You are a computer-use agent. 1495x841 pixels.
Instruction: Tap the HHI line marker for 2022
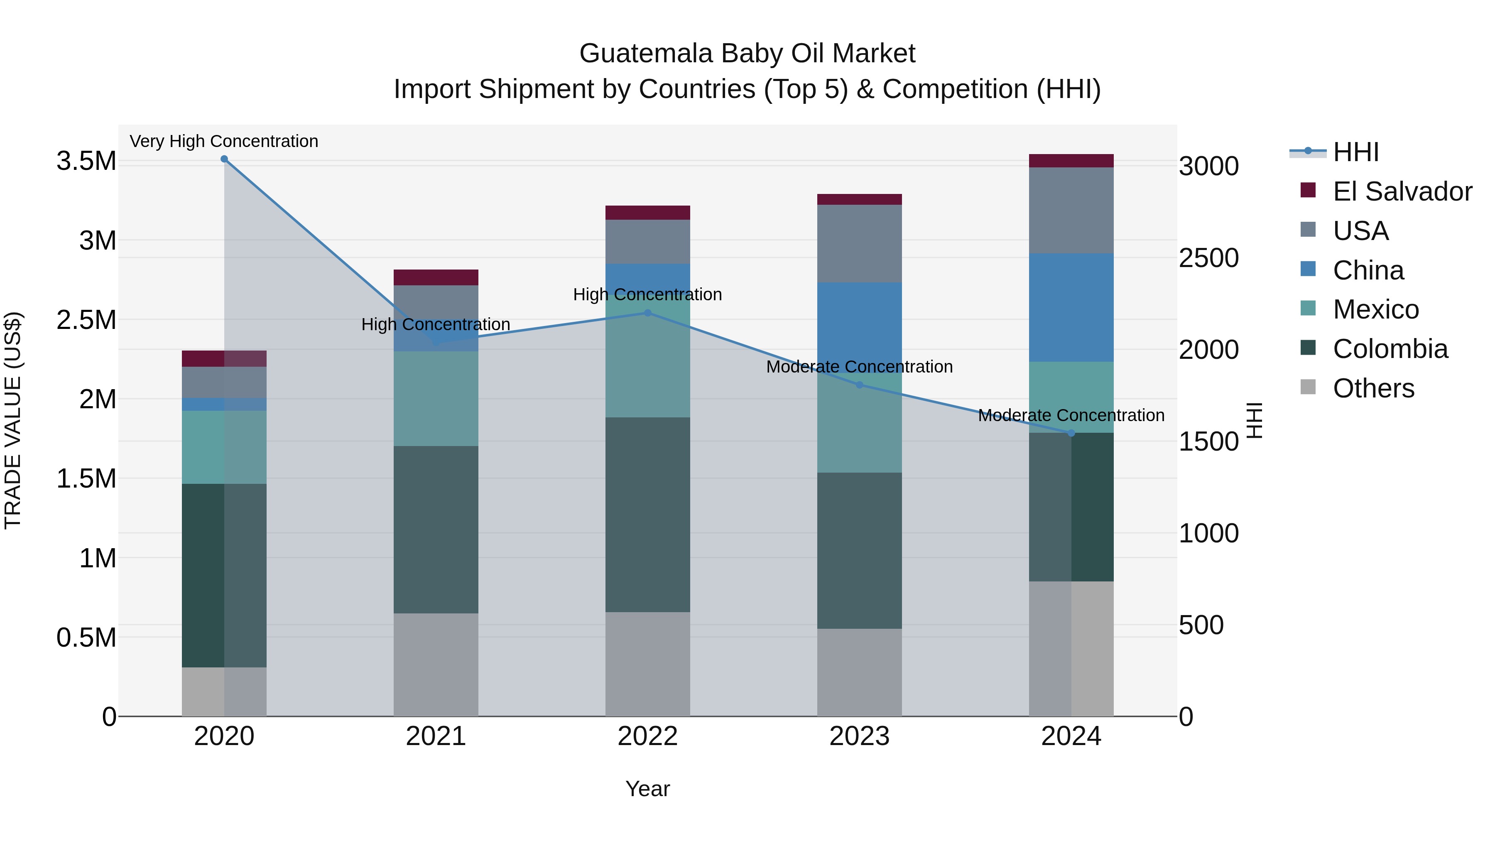pos(648,313)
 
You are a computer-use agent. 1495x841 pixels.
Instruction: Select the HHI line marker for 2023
pos(860,385)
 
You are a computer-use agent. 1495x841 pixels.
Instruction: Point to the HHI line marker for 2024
pos(1071,433)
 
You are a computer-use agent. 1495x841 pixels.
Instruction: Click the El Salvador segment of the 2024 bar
pos(1071,161)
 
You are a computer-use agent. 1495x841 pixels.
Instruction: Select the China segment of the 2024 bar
pos(1071,308)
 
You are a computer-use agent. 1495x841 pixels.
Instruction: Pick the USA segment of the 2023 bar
pos(860,244)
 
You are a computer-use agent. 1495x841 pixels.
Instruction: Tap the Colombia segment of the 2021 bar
pos(436,530)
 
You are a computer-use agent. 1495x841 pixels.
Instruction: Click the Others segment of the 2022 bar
pos(648,664)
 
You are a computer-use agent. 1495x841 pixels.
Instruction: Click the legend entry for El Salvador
pos(1402,191)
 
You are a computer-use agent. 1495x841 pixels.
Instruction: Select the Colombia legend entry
pos(1390,349)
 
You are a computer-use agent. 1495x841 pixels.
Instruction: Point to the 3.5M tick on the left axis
pos(86,161)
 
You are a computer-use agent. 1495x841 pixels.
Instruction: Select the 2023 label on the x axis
pos(860,736)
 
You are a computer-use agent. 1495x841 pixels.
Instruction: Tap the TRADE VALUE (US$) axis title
pos(13,420)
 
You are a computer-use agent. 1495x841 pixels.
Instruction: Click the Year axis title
pos(648,789)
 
